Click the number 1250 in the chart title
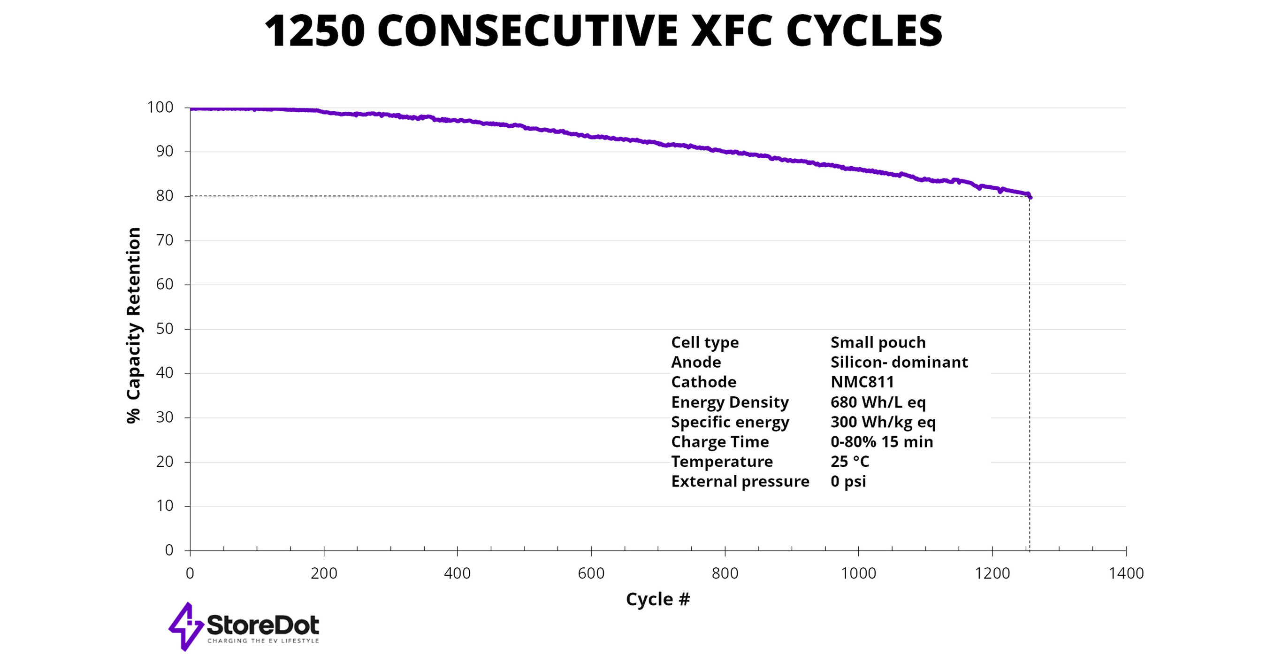[315, 31]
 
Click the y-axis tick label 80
[165, 196]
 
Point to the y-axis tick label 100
[160, 108]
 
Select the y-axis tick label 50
[165, 329]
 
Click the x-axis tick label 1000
[858, 573]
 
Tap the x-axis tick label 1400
[1126, 573]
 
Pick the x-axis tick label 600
[591, 573]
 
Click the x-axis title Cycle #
[657, 600]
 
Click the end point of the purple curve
[1030, 197]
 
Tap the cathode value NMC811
[862, 382]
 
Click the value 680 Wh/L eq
[878, 402]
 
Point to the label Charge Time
[719, 441]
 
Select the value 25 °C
[850, 462]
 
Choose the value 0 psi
[848, 481]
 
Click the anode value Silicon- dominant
[899, 362]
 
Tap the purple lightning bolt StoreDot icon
[186, 626]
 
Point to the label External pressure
[740, 481]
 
